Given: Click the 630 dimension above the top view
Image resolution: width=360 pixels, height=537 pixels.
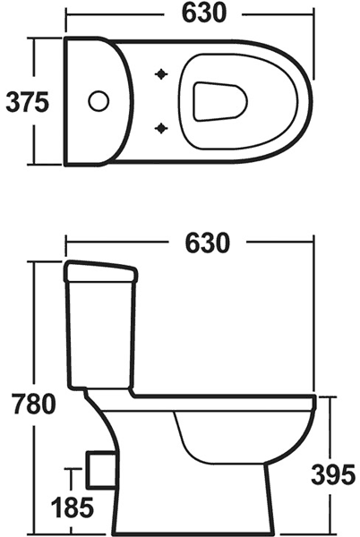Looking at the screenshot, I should pos(189,14).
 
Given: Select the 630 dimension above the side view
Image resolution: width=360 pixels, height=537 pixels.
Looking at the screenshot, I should pos(190,241).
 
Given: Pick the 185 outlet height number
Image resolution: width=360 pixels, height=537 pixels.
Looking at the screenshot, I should pos(72,508).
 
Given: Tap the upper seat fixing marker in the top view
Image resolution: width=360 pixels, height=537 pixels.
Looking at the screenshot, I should pos(163,73).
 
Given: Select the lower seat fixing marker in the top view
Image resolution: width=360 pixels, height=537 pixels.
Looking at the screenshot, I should pos(163,127).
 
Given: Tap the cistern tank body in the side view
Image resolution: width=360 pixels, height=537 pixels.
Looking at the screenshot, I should pos(100,331).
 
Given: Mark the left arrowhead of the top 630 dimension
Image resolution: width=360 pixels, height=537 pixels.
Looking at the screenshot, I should pos(69,14).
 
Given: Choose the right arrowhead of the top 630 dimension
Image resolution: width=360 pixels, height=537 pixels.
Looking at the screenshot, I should pos(311,14).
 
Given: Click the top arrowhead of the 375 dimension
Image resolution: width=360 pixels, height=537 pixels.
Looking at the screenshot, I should pos(34,40).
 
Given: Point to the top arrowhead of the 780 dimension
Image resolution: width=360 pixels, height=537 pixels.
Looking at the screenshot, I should pos(34,264).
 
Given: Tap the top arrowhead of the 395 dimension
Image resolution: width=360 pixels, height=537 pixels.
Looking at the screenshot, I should pos(332,397).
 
